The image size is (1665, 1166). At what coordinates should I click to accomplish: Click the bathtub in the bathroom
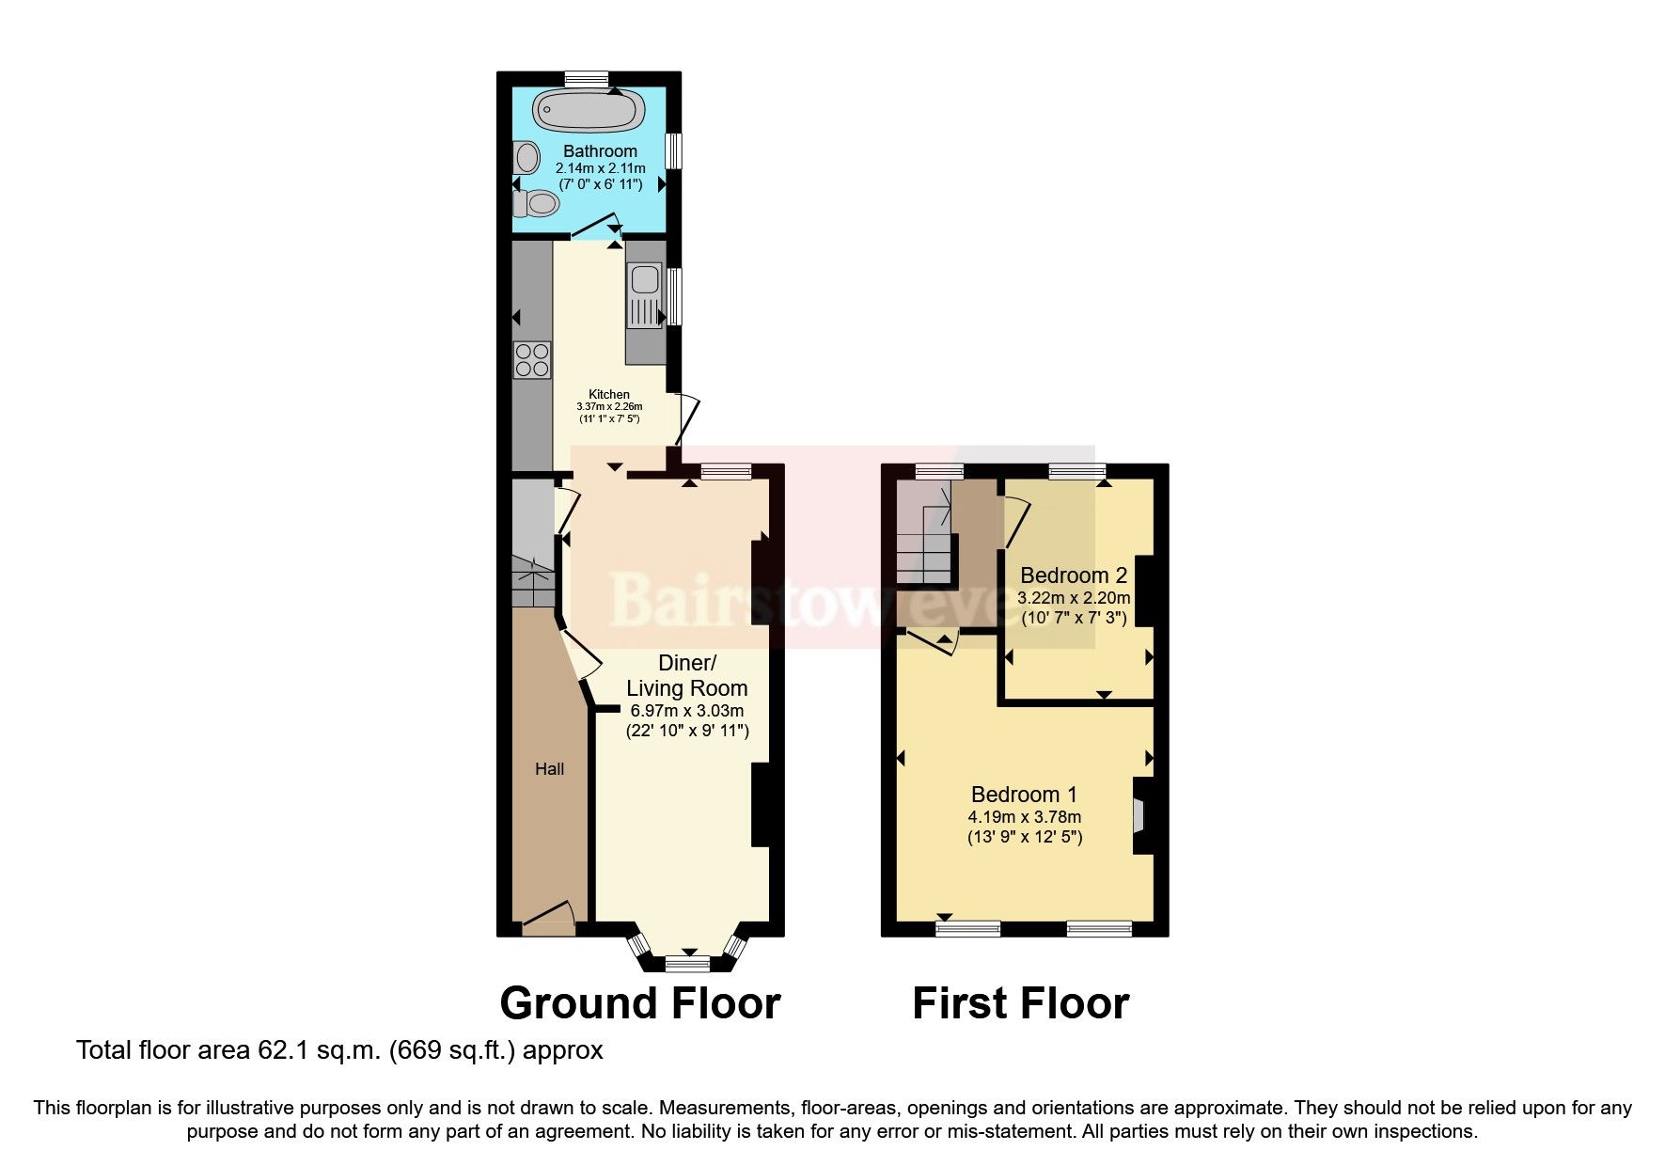(589, 111)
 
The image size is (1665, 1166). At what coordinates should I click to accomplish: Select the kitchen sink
(645, 280)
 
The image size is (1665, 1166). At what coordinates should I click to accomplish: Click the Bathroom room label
(600, 151)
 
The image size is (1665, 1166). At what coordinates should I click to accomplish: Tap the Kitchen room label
(608, 394)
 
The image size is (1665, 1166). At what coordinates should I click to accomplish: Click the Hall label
(550, 769)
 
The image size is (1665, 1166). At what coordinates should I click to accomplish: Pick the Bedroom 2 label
(1074, 575)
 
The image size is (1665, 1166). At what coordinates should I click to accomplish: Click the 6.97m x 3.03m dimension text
(686, 711)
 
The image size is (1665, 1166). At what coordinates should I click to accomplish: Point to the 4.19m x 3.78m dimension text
(1024, 816)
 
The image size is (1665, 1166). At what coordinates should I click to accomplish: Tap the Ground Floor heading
(639, 1003)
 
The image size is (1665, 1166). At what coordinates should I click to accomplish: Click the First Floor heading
(1020, 1003)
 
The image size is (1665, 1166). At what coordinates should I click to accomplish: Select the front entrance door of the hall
(547, 917)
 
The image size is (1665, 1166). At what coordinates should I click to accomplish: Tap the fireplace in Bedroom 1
(1139, 815)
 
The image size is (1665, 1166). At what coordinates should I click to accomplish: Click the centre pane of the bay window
(687, 963)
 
